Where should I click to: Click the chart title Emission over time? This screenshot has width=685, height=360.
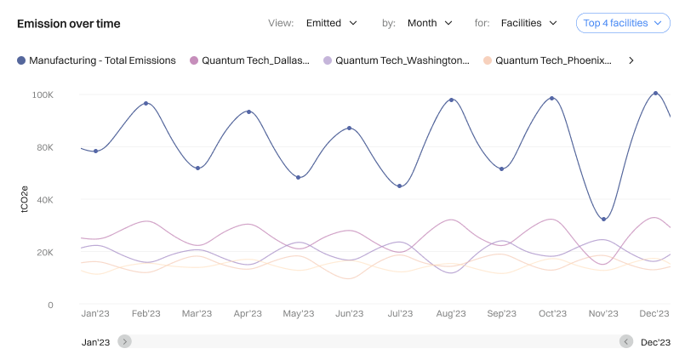[x=68, y=24]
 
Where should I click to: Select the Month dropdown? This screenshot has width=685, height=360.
[x=430, y=23]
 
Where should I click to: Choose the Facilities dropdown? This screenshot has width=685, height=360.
[x=528, y=23]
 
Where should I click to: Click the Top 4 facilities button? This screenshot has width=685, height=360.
[x=623, y=23]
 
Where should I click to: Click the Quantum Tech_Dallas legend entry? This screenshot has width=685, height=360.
[x=249, y=60]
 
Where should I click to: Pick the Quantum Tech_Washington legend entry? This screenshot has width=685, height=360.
[x=396, y=60]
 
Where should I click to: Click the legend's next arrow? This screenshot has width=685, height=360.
[x=631, y=60]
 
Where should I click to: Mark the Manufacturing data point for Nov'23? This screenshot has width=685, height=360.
[x=603, y=220]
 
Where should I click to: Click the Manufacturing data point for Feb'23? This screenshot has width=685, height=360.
[x=146, y=104]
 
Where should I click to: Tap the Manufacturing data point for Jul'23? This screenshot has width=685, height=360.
[x=400, y=186]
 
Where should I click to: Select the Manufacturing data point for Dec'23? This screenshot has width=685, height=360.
[x=654, y=93]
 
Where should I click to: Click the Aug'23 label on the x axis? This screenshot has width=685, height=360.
[x=450, y=314]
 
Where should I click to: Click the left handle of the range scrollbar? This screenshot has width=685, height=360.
[x=125, y=341]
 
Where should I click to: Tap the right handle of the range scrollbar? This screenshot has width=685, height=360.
[x=626, y=341]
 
